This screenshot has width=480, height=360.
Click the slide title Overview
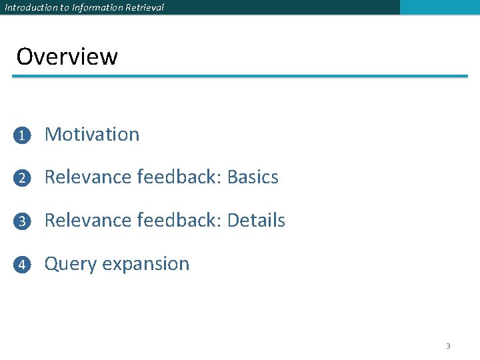(x=67, y=57)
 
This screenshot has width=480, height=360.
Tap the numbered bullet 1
(x=22, y=135)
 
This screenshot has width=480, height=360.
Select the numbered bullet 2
(x=22, y=178)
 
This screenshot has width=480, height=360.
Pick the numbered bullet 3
(x=22, y=221)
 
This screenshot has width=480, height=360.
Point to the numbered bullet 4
(x=22, y=265)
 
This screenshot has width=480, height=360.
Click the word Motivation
(x=92, y=134)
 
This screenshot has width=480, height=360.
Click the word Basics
(x=253, y=177)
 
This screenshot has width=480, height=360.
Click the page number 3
(x=448, y=346)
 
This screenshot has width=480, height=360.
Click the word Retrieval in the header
(x=145, y=7)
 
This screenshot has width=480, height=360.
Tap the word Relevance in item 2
(x=88, y=177)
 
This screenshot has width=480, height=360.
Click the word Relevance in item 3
(x=88, y=221)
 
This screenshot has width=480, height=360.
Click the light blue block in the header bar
(x=439, y=7)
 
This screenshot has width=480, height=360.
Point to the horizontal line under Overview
(x=240, y=77)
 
